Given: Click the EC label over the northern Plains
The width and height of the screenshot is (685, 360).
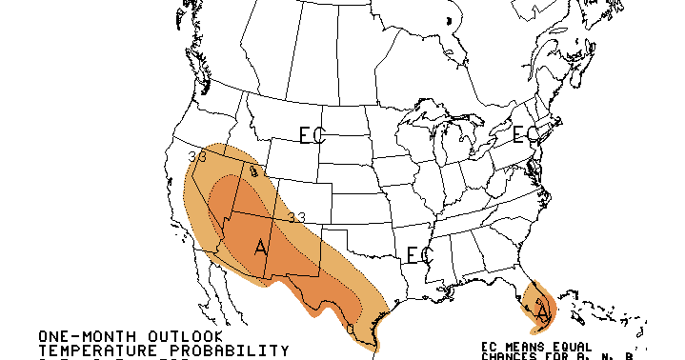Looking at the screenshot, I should [x=312, y=136].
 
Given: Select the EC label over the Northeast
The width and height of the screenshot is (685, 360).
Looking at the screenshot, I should [x=525, y=134].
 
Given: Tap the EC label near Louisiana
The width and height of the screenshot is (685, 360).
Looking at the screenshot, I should [x=419, y=255].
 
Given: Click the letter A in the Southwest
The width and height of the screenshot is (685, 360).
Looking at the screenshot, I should [x=260, y=249].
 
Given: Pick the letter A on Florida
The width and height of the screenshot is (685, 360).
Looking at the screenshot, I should [x=543, y=311].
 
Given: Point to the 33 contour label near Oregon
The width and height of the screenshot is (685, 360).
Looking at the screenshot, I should [x=198, y=157].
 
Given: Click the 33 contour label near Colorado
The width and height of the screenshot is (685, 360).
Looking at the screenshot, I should [x=296, y=218].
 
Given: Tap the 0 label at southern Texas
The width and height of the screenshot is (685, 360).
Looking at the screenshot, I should [x=351, y=330].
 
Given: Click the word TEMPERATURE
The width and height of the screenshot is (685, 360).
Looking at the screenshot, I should [x=93, y=351].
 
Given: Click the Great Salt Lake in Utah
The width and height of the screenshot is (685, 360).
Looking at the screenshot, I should [x=253, y=172].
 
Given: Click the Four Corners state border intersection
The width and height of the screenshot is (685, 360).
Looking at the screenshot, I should [x=277, y=220].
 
